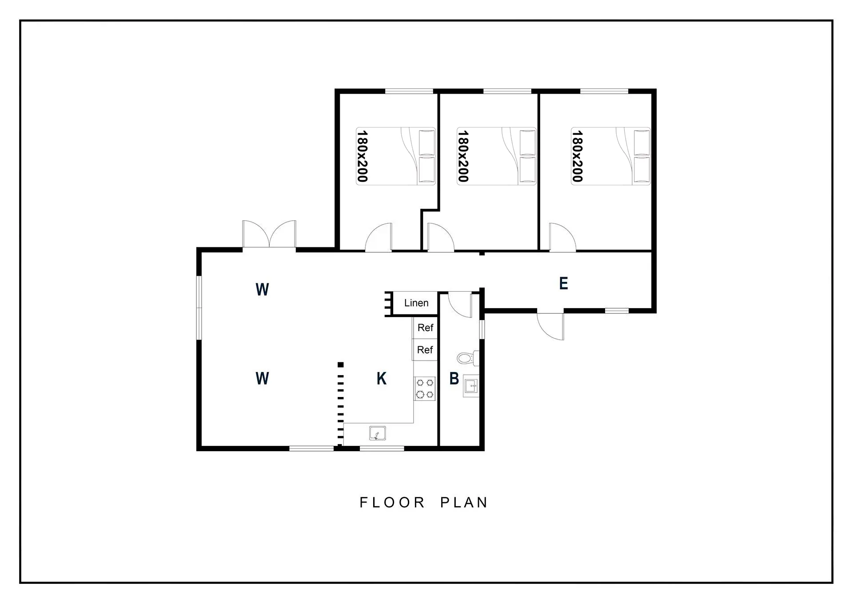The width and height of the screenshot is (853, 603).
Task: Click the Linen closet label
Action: (x=416, y=303)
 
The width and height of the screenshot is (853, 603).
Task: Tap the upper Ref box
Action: (x=425, y=328)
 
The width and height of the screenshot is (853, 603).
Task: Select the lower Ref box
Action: (x=425, y=350)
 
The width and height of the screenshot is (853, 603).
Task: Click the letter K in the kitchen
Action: (x=381, y=378)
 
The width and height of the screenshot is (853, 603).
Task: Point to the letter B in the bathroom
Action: (x=454, y=378)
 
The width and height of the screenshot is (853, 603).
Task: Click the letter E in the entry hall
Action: (x=563, y=283)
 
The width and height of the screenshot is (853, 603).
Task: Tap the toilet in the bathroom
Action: (x=468, y=358)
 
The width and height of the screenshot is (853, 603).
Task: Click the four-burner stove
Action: (x=425, y=389)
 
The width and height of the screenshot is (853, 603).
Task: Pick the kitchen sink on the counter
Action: (x=377, y=433)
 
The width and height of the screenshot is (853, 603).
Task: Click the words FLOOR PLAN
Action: (x=424, y=502)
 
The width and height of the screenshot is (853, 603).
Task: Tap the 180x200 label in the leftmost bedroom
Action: (x=362, y=156)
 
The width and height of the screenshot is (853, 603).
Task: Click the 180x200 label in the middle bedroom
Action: (x=463, y=156)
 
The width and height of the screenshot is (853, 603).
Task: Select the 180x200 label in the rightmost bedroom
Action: (x=577, y=156)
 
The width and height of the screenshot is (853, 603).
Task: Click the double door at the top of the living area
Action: (x=269, y=234)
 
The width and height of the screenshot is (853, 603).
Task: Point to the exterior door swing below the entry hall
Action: (x=551, y=326)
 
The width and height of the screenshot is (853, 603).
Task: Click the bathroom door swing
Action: (x=460, y=305)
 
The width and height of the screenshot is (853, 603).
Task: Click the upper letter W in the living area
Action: (x=262, y=290)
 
